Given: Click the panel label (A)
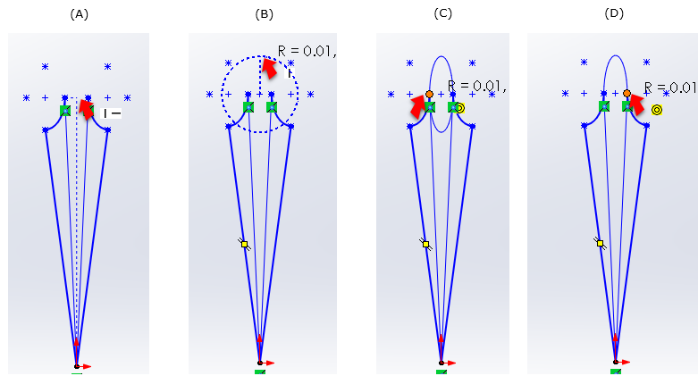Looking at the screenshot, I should [x=79, y=14].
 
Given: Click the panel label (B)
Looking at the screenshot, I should [x=265, y=14].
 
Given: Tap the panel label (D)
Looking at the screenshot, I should [x=614, y=14].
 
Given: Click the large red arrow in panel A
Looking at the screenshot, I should [x=86, y=108].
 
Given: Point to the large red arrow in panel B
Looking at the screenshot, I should [x=269, y=68].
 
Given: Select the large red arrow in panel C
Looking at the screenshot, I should [x=418, y=106].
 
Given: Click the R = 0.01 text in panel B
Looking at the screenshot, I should [x=307, y=52].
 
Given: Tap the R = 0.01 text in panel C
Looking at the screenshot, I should [x=476, y=87].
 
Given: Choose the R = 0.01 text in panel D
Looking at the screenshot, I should [x=669, y=88].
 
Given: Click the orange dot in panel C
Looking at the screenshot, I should [x=429, y=94].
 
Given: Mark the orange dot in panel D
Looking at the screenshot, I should [x=627, y=93].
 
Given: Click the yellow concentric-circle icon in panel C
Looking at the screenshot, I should [x=459, y=108].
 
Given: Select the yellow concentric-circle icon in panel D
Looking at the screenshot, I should [x=657, y=110].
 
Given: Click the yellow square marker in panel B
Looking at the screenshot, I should [x=244, y=244].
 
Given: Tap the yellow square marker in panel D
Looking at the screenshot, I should [x=600, y=243].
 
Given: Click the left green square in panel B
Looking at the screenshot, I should [x=248, y=107].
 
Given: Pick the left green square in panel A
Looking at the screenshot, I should [x=65, y=111].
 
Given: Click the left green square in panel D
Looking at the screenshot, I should [x=604, y=106].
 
